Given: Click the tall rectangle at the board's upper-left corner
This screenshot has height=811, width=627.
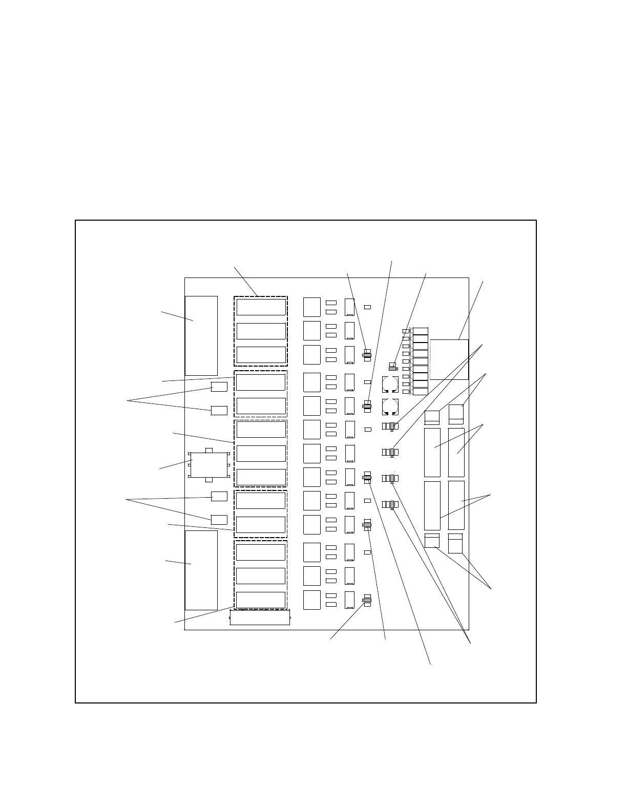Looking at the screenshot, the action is coord(201,335).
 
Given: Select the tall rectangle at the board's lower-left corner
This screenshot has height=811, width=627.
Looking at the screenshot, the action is coord(201,570).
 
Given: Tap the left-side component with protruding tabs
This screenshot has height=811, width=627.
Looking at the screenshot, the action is coord(208,465).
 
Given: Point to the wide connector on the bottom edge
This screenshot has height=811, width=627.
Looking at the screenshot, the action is coord(260,617).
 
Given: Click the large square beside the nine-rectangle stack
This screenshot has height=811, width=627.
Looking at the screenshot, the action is coord(449,359).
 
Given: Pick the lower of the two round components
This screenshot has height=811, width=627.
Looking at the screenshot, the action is coord(390,407).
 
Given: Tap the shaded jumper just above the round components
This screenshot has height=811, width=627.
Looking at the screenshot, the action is coord(392,368).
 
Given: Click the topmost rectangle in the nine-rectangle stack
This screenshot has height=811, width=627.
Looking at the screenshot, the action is coord(420,331).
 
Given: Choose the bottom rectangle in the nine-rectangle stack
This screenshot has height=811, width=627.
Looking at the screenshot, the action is coord(420,392).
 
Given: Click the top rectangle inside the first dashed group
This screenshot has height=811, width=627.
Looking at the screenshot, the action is coord(261,307).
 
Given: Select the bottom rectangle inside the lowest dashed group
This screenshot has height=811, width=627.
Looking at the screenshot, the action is coord(260,600).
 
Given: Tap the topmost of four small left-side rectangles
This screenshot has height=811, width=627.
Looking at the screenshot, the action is coord(219,387).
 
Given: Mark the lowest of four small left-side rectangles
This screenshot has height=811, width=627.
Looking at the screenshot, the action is coord(219,520).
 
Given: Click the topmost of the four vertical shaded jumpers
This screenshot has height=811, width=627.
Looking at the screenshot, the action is coord(392,426).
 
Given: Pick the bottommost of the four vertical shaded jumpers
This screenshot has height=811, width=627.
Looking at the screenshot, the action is coord(392,505).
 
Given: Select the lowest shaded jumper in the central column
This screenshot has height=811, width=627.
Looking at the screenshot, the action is coord(367,600).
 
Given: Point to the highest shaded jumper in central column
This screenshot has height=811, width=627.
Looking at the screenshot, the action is coord(367,355).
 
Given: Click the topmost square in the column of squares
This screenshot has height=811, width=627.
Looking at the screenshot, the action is coord(312,307).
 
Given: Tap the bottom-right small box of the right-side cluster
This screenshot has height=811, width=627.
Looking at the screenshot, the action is coord(455,544).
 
